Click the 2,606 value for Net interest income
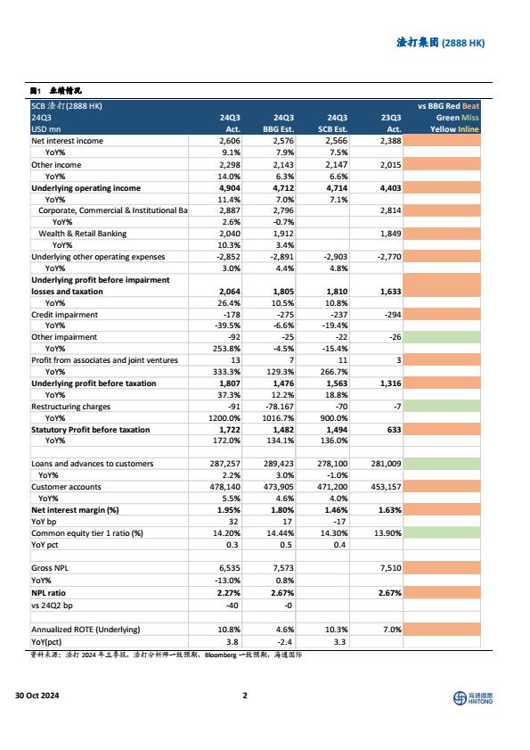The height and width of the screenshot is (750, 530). point(230,141)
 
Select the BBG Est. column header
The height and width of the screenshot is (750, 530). point(278,129)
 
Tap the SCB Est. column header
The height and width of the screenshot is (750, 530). point(332,129)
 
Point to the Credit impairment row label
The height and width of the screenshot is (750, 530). point(64,315)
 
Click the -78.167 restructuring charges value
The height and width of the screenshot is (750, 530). point(280,407)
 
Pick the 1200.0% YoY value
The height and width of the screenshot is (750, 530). point(224,418)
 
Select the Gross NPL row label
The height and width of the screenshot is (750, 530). point(50,568)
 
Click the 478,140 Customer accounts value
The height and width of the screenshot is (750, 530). point(225,486)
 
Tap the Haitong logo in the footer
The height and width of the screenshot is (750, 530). point(473,698)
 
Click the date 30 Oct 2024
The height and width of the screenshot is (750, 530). point(37,696)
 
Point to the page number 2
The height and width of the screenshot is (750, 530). point(245,696)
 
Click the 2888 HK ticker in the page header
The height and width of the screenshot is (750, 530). point(463,43)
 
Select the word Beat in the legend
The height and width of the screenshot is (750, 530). point(470,106)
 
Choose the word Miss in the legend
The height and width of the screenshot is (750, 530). point(469,118)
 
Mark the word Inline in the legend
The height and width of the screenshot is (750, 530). point(469,129)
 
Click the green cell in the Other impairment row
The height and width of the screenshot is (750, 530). point(442,337)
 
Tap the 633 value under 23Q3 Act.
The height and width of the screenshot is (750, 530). point(395,430)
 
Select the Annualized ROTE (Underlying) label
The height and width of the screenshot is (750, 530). point(86,630)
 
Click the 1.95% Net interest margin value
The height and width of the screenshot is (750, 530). point(229,510)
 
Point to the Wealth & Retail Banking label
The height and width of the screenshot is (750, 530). point(83,234)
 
